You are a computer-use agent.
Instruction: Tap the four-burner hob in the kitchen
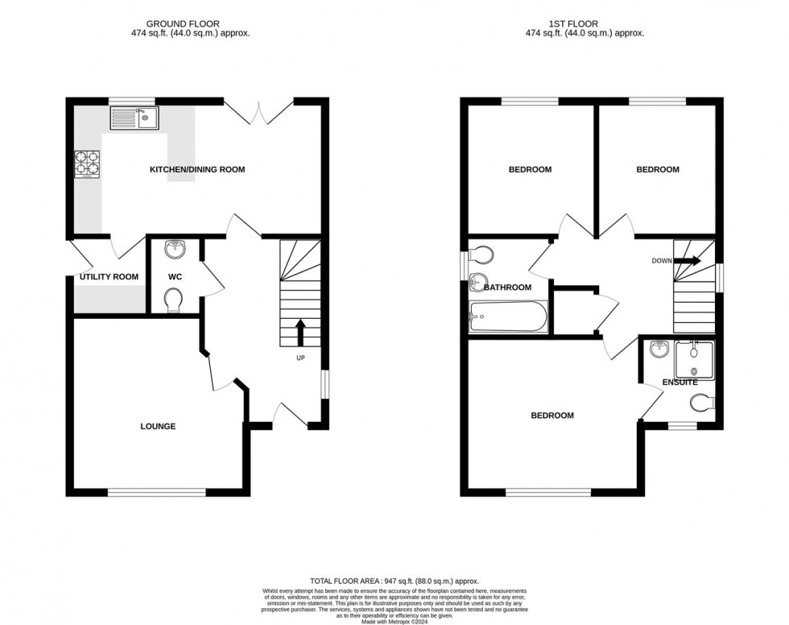(x=87, y=164)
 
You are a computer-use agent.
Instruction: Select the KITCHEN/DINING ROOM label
(x=197, y=170)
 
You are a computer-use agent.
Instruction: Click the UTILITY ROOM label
(x=109, y=277)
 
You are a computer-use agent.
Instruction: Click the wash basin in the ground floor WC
(x=174, y=250)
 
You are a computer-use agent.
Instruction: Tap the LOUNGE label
(x=158, y=426)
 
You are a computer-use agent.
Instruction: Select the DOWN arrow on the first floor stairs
(x=688, y=261)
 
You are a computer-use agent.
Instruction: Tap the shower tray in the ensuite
(x=694, y=359)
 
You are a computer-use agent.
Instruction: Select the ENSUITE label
(x=680, y=383)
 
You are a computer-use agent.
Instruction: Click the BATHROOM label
(x=508, y=288)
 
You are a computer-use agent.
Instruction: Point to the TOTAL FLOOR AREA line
(x=394, y=581)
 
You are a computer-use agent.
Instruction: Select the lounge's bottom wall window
(x=157, y=492)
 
